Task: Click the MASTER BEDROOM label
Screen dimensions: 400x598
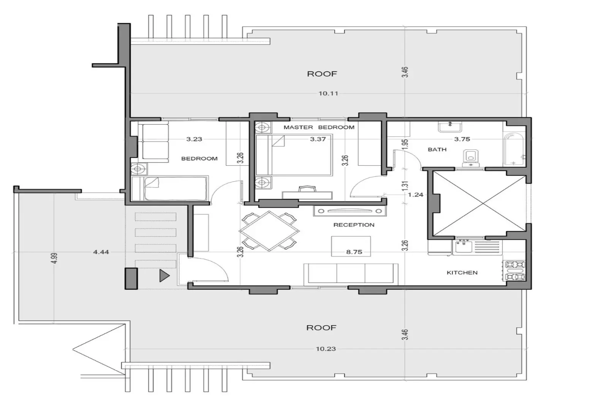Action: (x=319, y=127)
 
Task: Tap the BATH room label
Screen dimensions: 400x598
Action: (x=437, y=149)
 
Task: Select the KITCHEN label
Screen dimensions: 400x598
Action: (x=462, y=273)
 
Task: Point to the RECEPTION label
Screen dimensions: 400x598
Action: (x=354, y=225)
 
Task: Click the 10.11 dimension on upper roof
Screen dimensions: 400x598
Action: (x=328, y=94)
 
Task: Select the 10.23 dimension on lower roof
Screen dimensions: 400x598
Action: (x=326, y=349)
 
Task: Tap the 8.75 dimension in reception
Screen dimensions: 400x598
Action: (x=354, y=252)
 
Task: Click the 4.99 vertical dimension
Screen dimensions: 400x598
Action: (x=54, y=258)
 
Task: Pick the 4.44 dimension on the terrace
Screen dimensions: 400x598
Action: (x=101, y=252)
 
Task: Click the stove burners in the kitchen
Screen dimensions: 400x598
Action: (x=515, y=270)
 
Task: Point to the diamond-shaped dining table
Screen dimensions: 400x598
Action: (x=269, y=231)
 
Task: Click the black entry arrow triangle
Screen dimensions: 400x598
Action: (x=164, y=275)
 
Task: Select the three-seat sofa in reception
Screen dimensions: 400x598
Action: (x=351, y=273)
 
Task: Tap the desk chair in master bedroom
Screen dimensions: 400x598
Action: (x=307, y=189)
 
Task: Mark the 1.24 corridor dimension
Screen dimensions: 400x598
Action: (x=415, y=195)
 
